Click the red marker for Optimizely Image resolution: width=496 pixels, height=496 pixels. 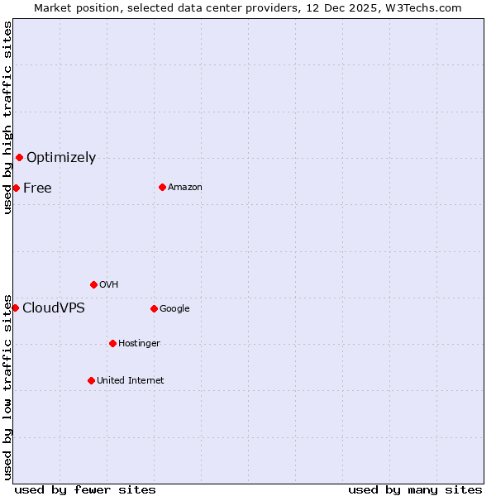click(19, 157)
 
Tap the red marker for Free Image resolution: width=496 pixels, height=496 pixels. click(16, 188)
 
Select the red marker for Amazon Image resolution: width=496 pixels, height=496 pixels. click(162, 187)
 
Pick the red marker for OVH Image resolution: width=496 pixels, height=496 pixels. click(93, 284)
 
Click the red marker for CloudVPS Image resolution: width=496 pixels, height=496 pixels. click(15, 308)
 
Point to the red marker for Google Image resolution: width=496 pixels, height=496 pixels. click(154, 308)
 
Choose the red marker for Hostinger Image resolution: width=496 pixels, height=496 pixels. click(112, 343)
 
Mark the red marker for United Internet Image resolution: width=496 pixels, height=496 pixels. click(91, 380)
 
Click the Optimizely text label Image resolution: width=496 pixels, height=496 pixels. click(61, 157)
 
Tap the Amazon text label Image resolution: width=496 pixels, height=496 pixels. click(185, 187)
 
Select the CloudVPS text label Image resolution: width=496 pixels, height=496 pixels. click(54, 308)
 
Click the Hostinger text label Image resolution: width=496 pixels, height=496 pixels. click(139, 343)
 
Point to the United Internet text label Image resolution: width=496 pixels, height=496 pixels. click(131, 380)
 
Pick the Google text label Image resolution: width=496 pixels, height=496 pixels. click(174, 308)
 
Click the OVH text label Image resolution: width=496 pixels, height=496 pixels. click(108, 284)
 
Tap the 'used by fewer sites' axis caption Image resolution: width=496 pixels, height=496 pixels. click(85, 489)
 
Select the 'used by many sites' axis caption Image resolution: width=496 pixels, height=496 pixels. click(415, 489)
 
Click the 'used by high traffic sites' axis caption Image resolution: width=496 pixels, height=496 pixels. click(7, 118)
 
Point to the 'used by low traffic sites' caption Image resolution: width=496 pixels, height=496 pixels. click(7, 387)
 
